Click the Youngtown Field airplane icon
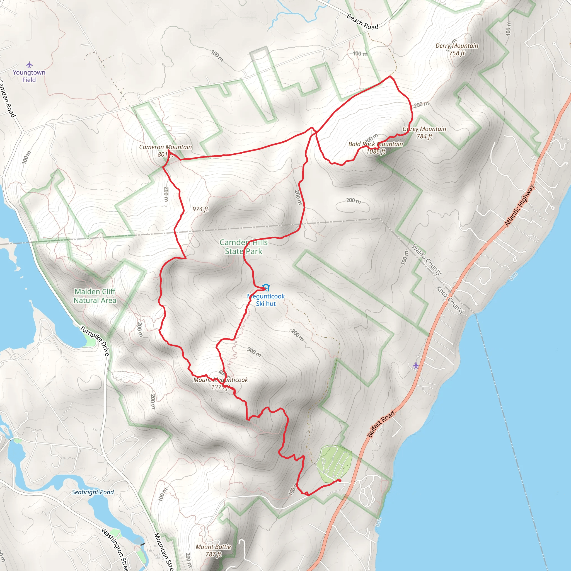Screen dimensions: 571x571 29,64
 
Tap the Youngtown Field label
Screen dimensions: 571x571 29,76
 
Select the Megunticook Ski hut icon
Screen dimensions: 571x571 266,287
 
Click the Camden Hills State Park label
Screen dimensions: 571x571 243,247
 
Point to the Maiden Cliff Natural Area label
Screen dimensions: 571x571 95,296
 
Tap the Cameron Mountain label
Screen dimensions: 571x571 166,151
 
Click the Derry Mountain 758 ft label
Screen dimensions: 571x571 457,49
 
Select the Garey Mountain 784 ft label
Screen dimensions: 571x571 424,132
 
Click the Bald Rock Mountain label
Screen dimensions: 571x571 376,147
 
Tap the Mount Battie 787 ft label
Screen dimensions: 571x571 213,551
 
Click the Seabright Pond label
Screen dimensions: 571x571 93,492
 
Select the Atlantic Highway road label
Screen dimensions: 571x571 519,205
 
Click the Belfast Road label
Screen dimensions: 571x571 381,424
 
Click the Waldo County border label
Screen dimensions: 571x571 426,259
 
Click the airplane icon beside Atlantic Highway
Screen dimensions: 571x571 416,365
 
